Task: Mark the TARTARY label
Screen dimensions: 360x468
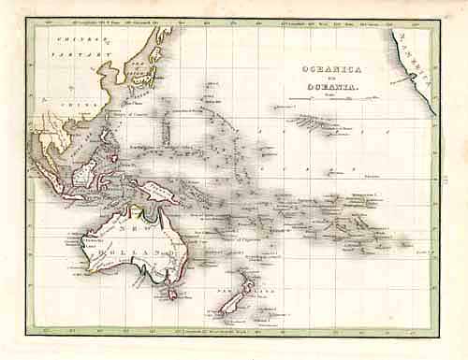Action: (x=92, y=54)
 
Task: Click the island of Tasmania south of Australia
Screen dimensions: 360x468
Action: (x=171, y=294)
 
